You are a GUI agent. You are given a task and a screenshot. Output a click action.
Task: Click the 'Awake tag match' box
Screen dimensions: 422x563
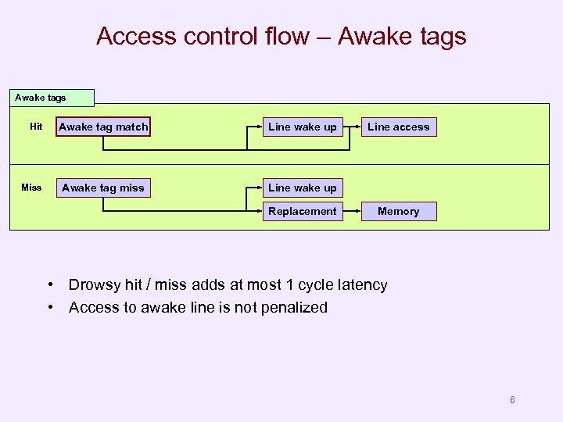click(x=103, y=127)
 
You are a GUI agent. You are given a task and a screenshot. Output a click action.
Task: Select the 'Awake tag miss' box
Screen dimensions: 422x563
click(x=103, y=188)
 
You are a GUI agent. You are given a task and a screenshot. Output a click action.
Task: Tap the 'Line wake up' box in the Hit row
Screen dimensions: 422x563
click(x=302, y=127)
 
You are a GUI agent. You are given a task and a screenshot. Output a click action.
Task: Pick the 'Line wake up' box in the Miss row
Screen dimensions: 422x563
click(x=302, y=188)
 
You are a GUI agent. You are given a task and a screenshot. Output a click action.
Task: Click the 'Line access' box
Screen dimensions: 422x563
click(x=398, y=127)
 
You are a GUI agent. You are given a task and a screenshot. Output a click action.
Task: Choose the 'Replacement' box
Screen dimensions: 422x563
click(x=302, y=211)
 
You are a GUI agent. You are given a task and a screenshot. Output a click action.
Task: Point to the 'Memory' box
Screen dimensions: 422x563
click(x=398, y=211)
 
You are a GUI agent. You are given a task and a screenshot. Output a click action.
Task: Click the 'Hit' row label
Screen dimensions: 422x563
click(x=36, y=127)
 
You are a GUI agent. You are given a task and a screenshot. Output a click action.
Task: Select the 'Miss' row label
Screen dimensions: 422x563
click(x=31, y=188)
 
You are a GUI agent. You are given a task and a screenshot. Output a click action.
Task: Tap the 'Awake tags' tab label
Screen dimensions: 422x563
click(x=41, y=98)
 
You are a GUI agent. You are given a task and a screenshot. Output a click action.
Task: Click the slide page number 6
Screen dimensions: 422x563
click(x=512, y=400)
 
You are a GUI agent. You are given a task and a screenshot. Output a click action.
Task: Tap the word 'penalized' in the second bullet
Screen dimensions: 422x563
click(x=293, y=307)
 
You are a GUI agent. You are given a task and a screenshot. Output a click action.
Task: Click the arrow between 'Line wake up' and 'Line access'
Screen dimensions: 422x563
click(x=352, y=127)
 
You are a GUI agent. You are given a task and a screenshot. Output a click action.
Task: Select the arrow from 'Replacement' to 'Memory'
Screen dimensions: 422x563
click(x=352, y=211)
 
